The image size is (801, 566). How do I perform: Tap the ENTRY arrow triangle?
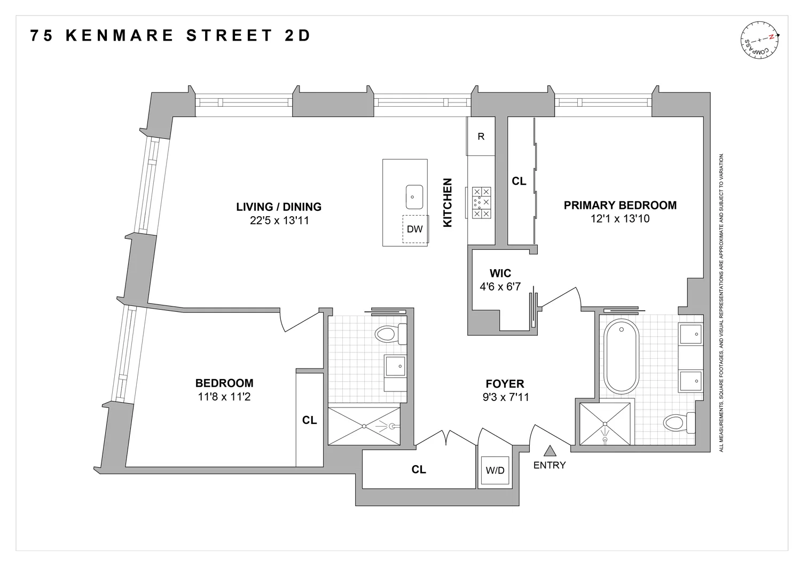click(x=549, y=451)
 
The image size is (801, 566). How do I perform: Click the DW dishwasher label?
click(x=414, y=229)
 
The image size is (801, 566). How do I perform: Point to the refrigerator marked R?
click(x=481, y=137)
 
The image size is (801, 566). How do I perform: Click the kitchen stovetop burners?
click(x=481, y=202)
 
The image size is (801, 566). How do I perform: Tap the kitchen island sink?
click(x=414, y=196)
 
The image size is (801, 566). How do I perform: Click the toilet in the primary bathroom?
click(x=678, y=423)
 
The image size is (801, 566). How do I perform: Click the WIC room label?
click(x=500, y=274)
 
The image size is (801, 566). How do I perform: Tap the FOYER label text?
click(x=505, y=384)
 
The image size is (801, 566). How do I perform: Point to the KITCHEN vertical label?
click(x=447, y=203)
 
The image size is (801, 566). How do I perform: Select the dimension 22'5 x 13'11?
click(x=279, y=220)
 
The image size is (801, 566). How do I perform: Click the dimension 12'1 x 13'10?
click(x=620, y=218)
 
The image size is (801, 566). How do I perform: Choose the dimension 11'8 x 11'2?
click(x=224, y=397)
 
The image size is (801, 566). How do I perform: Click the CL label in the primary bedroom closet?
click(x=519, y=182)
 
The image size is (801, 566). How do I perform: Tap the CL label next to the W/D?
click(x=419, y=469)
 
